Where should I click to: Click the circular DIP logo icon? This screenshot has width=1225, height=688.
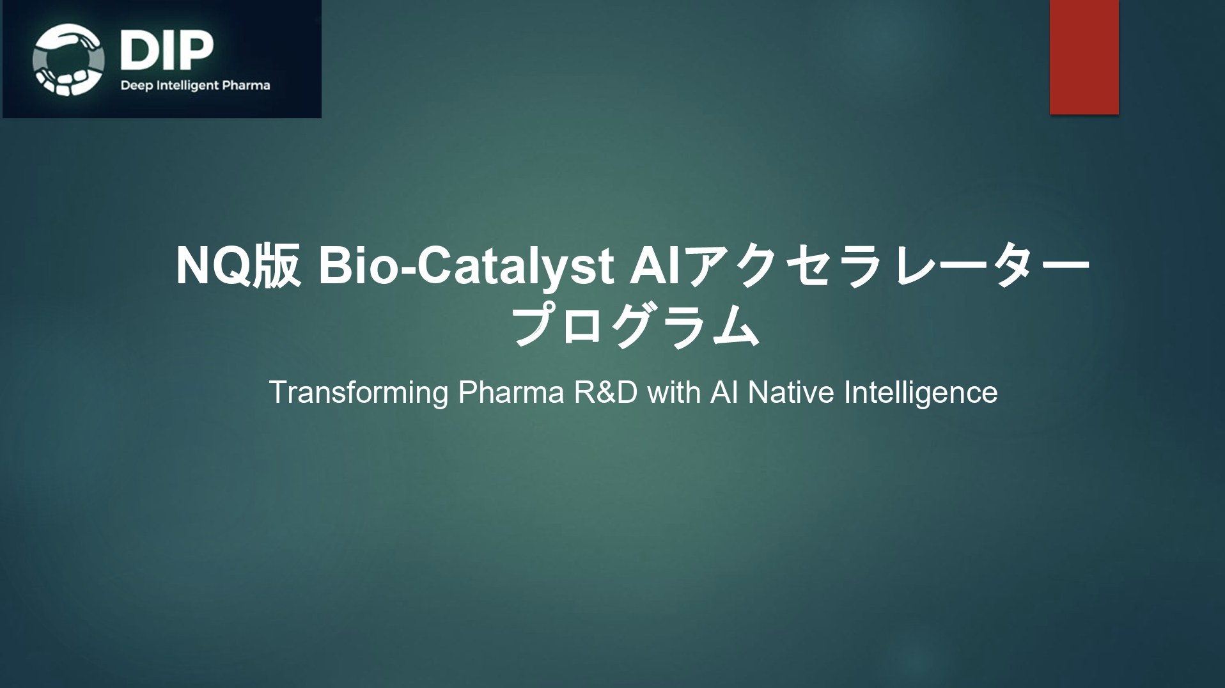(x=68, y=59)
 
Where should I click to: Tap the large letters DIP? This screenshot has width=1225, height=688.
(x=166, y=50)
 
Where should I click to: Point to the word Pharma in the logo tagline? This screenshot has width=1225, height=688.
(x=246, y=85)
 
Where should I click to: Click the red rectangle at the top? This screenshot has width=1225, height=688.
(x=1084, y=57)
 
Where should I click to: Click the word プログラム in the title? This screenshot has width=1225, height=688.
(x=635, y=325)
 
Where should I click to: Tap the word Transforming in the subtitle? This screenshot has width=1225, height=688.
(x=358, y=393)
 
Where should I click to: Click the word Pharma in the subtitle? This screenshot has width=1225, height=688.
(x=511, y=393)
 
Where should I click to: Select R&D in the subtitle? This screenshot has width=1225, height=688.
(x=605, y=393)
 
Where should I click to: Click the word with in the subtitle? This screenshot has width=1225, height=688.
(x=674, y=393)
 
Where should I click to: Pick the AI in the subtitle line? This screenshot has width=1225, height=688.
(x=724, y=393)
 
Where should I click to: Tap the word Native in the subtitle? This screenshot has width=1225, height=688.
(x=791, y=393)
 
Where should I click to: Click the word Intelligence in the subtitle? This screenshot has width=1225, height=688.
(x=921, y=393)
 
